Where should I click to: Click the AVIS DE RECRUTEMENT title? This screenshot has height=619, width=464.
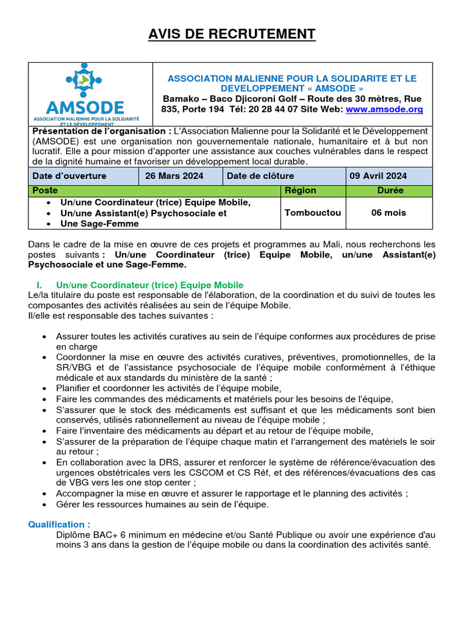tap(232, 34)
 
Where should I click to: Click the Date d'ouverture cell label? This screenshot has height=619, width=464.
tap(69, 176)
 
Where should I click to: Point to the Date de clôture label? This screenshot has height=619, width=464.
tap(260, 176)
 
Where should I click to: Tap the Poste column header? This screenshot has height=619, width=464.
tap(45, 190)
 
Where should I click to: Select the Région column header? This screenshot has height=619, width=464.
tap(300, 190)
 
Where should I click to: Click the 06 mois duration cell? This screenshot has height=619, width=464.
tap(389, 213)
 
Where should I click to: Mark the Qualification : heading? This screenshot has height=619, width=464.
tap(59, 524)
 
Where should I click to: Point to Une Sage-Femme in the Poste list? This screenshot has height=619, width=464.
tap(99, 224)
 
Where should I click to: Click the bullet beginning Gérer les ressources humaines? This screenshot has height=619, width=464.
tap(163, 504)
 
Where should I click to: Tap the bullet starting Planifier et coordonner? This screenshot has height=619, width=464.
tap(169, 388)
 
